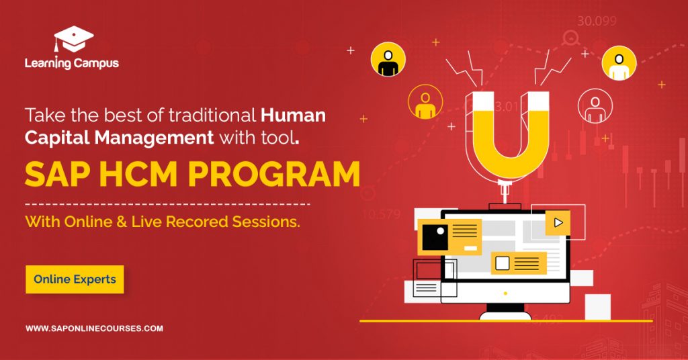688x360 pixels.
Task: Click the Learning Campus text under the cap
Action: pos(71,63)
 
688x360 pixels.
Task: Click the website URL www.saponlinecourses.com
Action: pos(94,328)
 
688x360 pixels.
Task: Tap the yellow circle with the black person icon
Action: pos(388,60)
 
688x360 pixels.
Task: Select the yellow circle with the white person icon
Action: pos(619,63)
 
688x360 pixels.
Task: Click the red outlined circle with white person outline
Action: pos(594,106)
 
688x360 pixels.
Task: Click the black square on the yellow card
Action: pos(435,236)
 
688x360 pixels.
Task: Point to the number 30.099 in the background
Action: pos(597,21)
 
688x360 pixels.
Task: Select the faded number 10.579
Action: pos(381,215)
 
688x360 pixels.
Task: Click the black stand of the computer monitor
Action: pos(505,311)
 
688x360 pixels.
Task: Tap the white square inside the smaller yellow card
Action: pos(502,263)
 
